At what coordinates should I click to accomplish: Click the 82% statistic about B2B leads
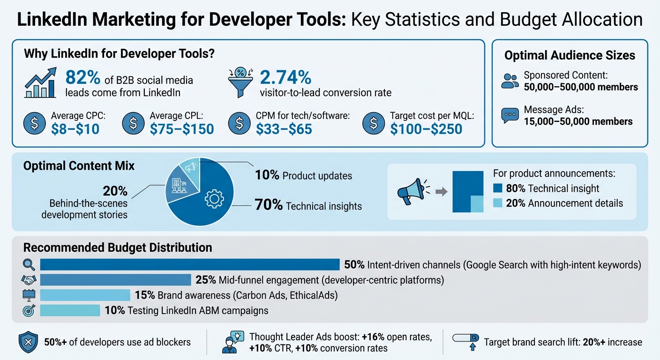pos(81,76)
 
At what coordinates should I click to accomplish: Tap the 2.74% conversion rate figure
pos(285,76)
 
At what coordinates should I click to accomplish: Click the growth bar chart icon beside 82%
pos(40,82)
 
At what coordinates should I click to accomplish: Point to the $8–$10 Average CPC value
pos(75,128)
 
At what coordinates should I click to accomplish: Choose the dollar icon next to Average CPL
pos(133,123)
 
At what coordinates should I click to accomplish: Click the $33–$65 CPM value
pos(284,128)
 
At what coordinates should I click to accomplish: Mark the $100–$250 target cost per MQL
pos(426,128)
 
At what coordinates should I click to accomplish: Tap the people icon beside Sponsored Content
pos(510,81)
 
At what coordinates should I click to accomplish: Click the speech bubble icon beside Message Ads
pos(510,115)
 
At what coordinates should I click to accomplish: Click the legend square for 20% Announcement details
pos(498,203)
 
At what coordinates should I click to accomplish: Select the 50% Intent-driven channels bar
pos(190,264)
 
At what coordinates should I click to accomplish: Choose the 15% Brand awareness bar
pos(85,295)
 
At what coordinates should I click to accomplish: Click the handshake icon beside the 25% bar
pos(29,280)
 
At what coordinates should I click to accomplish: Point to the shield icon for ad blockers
pos(28,342)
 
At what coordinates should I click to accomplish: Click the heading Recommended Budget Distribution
pos(118,247)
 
